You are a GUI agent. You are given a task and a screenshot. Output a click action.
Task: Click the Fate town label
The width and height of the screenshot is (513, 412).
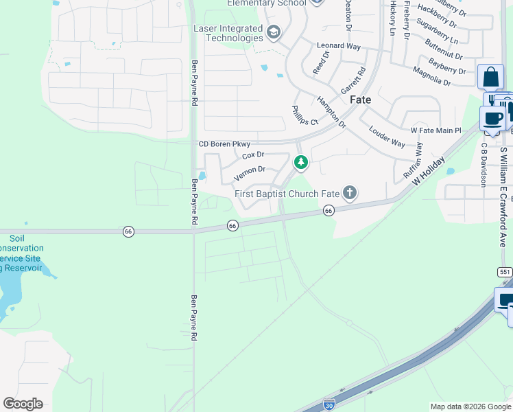pyautogui.click(x=361, y=100)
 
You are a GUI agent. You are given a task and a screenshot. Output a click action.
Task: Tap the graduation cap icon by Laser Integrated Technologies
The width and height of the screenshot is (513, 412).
pyautogui.click(x=274, y=32)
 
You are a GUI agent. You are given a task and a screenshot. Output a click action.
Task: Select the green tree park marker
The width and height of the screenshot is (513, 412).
pyautogui.click(x=300, y=163)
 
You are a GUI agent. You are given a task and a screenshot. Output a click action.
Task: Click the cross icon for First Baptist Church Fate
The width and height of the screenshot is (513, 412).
pyautogui.click(x=350, y=193)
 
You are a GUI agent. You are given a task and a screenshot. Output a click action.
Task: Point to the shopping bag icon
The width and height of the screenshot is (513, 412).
pyautogui.click(x=490, y=77)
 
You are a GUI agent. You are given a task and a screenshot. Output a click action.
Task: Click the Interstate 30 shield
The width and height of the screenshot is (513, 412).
pyautogui.click(x=329, y=405)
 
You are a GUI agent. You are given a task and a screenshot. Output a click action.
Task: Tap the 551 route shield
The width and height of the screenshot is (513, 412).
pyautogui.click(x=505, y=272)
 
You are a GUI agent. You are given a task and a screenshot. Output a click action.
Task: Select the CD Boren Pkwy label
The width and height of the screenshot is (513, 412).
pyautogui.click(x=224, y=144)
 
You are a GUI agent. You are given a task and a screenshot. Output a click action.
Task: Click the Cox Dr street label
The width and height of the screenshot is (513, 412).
pyautogui.click(x=253, y=155)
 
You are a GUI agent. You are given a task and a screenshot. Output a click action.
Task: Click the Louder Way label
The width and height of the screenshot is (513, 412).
pyautogui.click(x=387, y=137)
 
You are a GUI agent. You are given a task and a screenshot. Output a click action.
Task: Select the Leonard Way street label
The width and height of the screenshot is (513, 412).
pyautogui.click(x=338, y=46)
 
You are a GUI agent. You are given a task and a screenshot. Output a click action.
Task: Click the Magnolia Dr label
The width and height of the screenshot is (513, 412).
pyautogui.click(x=431, y=77)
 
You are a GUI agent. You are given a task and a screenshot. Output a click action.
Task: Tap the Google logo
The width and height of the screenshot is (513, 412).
pyautogui.click(x=23, y=404)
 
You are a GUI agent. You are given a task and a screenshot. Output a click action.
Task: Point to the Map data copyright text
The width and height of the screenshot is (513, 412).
pyautogui.click(x=470, y=407)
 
